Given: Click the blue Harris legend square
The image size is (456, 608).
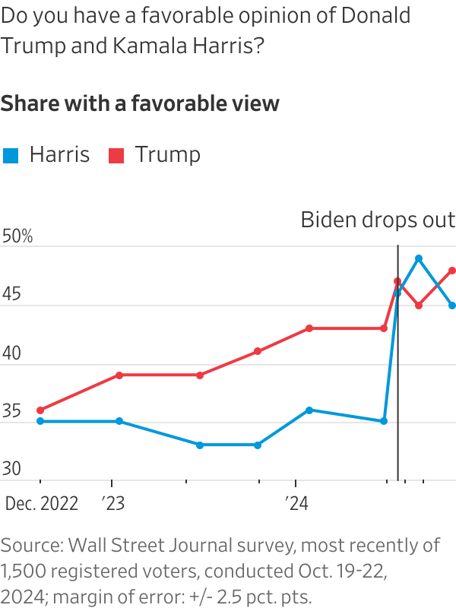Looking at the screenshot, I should coord(11,156).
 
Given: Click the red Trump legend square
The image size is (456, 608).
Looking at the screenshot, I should coord(116,156).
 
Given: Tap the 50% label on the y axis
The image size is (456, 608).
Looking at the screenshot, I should coord(17,236).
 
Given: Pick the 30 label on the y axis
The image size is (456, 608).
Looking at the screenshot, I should coord(12,469).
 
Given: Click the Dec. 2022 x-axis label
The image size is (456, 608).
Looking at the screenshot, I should coord(42,504).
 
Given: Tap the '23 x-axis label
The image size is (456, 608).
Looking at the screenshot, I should coord(112,504).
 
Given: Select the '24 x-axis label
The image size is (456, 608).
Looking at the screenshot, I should coord(296,504).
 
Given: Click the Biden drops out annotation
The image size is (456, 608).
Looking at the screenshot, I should coord(378,220).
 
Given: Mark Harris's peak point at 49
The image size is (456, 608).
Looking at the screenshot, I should coord(419,258).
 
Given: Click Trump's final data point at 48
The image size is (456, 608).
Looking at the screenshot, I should coord(452,270).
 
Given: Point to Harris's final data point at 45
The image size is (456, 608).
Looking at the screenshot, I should coord(452,306).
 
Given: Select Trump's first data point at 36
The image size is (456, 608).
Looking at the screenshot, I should coord(40,410).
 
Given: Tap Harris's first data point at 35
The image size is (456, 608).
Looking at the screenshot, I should coord(40,421).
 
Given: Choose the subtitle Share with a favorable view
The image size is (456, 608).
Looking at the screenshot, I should coord(140,104).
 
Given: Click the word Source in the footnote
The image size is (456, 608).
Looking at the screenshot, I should coord(31,545).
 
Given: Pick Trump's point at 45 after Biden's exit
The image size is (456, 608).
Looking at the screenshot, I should coord(419,306).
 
